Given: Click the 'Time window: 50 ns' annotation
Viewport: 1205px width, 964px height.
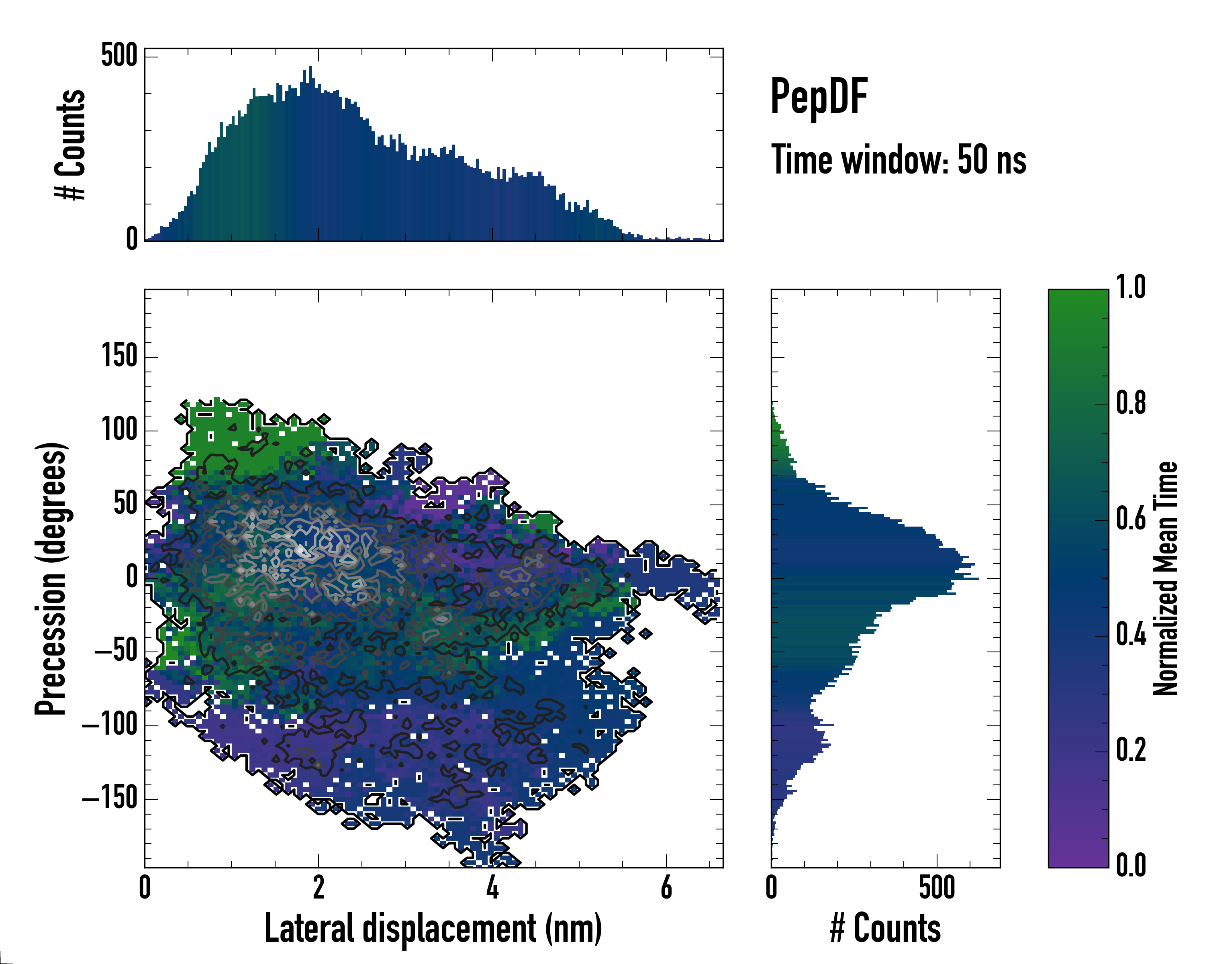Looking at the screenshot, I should (x=898, y=160).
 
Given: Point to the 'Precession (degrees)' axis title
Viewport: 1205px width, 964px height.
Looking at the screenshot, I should (x=51, y=578).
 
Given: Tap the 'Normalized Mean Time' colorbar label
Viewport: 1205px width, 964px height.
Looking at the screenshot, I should (x=1165, y=578).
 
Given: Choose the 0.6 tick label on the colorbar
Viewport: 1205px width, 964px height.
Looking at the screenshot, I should (x=1131, y=519).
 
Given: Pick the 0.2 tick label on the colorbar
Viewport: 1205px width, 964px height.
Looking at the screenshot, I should (x=1131, y=750).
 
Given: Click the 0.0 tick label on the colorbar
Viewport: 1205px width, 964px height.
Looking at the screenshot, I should (x=1131, y=865).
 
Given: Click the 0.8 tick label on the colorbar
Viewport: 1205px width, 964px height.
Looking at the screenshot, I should (x=1131, y=403).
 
